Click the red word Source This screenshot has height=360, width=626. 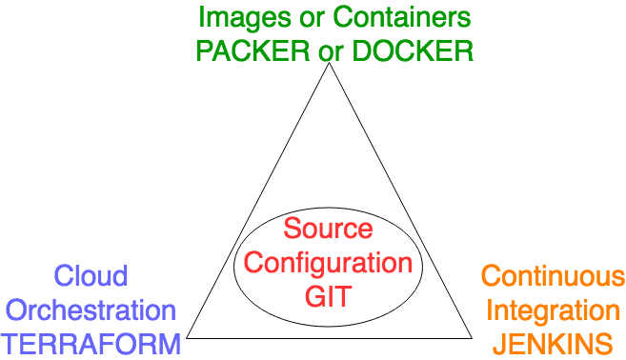(329, 229)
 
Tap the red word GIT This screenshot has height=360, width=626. (329, 296)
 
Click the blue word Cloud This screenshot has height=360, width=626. (91, 276)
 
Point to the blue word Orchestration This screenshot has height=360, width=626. (91, 310)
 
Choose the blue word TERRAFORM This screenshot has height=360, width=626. (91, 343)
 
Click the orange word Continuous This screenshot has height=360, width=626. (553, 277)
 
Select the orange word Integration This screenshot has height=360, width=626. (553, 310)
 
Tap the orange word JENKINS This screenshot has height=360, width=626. (553, 344)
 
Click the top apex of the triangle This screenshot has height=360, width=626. (330, 66)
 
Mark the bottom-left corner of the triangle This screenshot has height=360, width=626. (187, 337)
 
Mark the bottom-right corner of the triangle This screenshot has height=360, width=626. (473, 337)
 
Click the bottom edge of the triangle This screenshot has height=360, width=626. (330, 337)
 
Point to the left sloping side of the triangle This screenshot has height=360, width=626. (258, 201)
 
